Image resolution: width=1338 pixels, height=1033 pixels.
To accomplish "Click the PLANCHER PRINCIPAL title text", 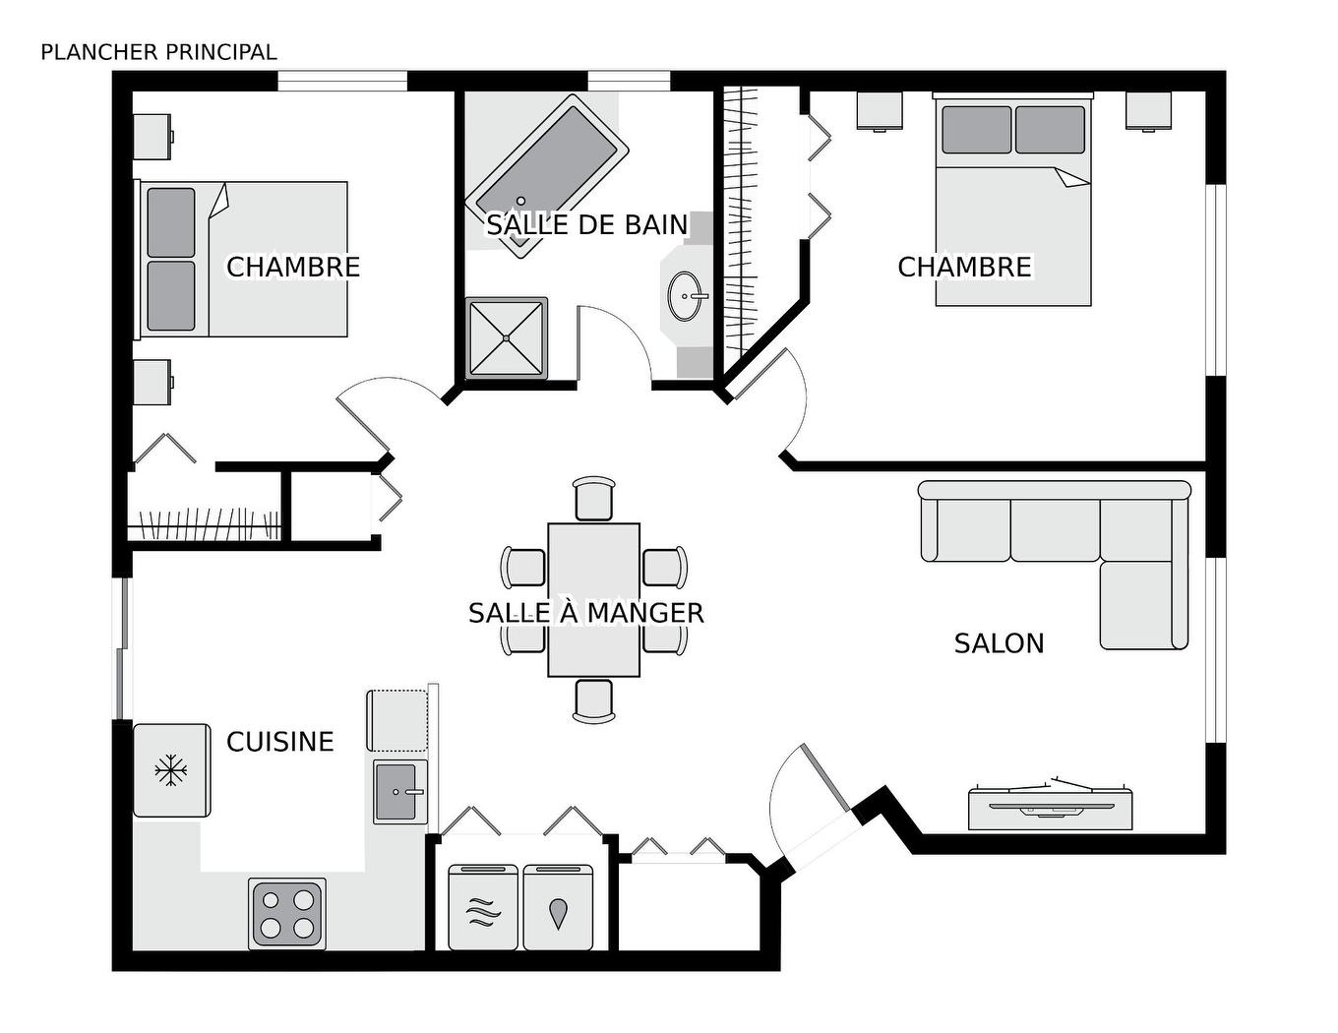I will pos(158,52).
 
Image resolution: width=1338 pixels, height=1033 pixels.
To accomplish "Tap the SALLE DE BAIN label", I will pos(586,224).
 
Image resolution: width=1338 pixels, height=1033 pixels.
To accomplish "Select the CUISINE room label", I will pos(279,741).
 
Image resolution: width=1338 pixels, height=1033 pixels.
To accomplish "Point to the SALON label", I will pos(999,643).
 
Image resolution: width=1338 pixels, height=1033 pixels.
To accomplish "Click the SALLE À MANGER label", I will pos(585,613).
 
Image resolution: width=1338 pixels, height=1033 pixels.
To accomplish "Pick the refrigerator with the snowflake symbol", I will pos(171,770).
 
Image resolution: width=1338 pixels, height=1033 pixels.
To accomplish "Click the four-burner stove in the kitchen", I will pos(287,913).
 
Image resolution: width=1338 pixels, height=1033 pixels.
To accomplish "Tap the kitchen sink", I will pos(399,791).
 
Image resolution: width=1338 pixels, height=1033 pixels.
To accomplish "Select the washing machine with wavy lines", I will pos(483,907).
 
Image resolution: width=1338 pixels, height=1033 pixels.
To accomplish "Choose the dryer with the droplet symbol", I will pos(558,907).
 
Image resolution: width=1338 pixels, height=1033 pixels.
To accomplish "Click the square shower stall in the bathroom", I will pos(507,337).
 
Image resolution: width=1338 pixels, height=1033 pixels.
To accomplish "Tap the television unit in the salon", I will pos(1050,807).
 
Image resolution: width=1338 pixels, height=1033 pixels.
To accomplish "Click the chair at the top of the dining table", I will pos(594,498).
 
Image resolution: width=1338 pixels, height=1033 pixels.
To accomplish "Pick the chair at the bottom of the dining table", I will pos(594,700).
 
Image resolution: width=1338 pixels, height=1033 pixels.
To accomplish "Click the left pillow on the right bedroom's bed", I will pos(976,129).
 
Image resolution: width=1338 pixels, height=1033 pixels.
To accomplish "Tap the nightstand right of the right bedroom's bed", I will pos(1148,110).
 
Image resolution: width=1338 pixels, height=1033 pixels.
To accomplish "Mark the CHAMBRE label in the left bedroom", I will pos(293,267).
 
